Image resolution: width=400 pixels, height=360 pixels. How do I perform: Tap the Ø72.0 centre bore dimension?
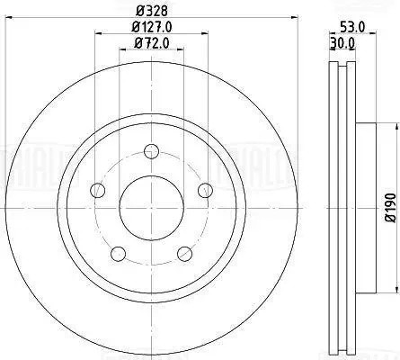point(150,42)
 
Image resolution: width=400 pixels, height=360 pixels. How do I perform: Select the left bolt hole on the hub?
point(95,190)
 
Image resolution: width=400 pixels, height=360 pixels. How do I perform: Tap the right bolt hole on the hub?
point(205,189)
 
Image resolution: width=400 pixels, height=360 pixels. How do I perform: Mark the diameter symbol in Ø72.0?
point(138,42)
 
